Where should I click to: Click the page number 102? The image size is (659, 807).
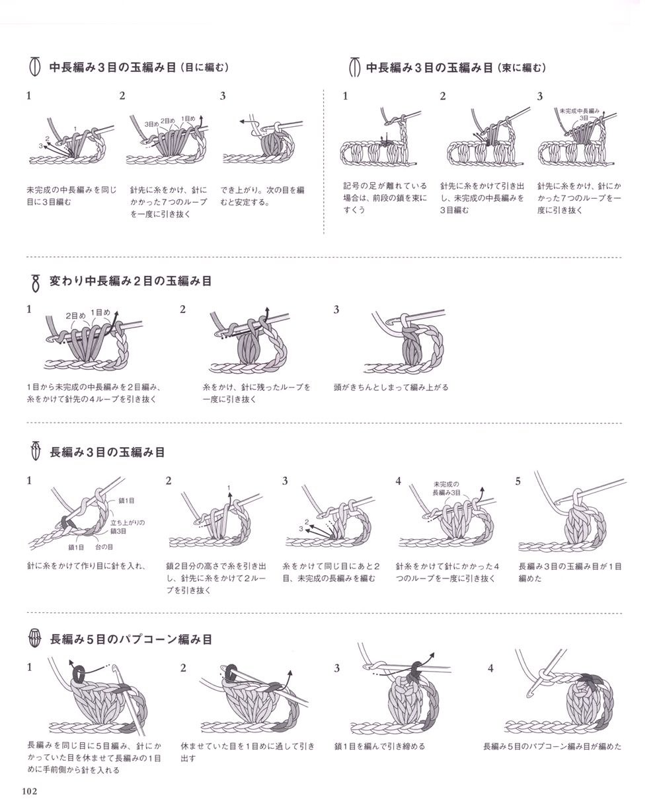pyautogui.click(x=30, y=791)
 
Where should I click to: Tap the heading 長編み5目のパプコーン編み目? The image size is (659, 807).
pyautogui.click(x=131, y=639)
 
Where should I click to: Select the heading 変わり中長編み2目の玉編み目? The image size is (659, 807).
pyautogui.click(x=131, y=281)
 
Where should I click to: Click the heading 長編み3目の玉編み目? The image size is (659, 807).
pyautogui.click(x=107, y=452)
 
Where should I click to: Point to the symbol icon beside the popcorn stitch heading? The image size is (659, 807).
pyautogui.click(x=35, y=639)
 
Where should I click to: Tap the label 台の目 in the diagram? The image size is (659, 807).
pyautogui.click(x=104, y=547)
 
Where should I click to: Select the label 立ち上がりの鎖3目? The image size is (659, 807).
pyautogui.click(x=127, y=526)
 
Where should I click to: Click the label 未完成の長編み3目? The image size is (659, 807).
pyautogui.click(x=446, y=489)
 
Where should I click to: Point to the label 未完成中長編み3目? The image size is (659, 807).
pyautogui.click(x=580, y=114)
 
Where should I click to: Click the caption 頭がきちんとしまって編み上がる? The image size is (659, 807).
pyautogui.click(x=391, y=387)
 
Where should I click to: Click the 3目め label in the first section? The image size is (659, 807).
pyautogui.click(x=151, y=124)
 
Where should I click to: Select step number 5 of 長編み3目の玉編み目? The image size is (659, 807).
pyautogui.click(x=518, y=481)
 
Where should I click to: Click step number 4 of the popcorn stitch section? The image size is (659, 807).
pyautogui.click(x=490, y=668)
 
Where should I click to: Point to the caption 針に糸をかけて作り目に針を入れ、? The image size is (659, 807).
pyautogui.click(x=86, y=565)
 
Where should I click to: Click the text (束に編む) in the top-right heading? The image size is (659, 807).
pyautogui.click(x=522, y=68)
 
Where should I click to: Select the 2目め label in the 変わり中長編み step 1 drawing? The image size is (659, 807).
pyautogui.click(x=75, y=316)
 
